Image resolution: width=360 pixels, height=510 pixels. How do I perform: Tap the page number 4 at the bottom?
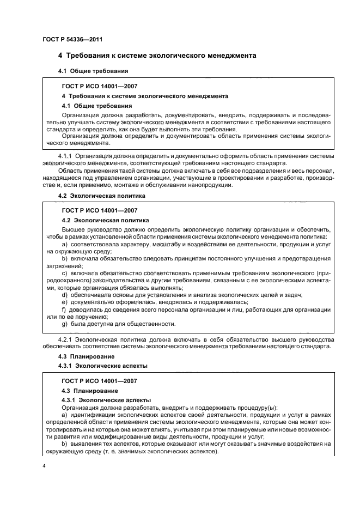click(44, 466)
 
